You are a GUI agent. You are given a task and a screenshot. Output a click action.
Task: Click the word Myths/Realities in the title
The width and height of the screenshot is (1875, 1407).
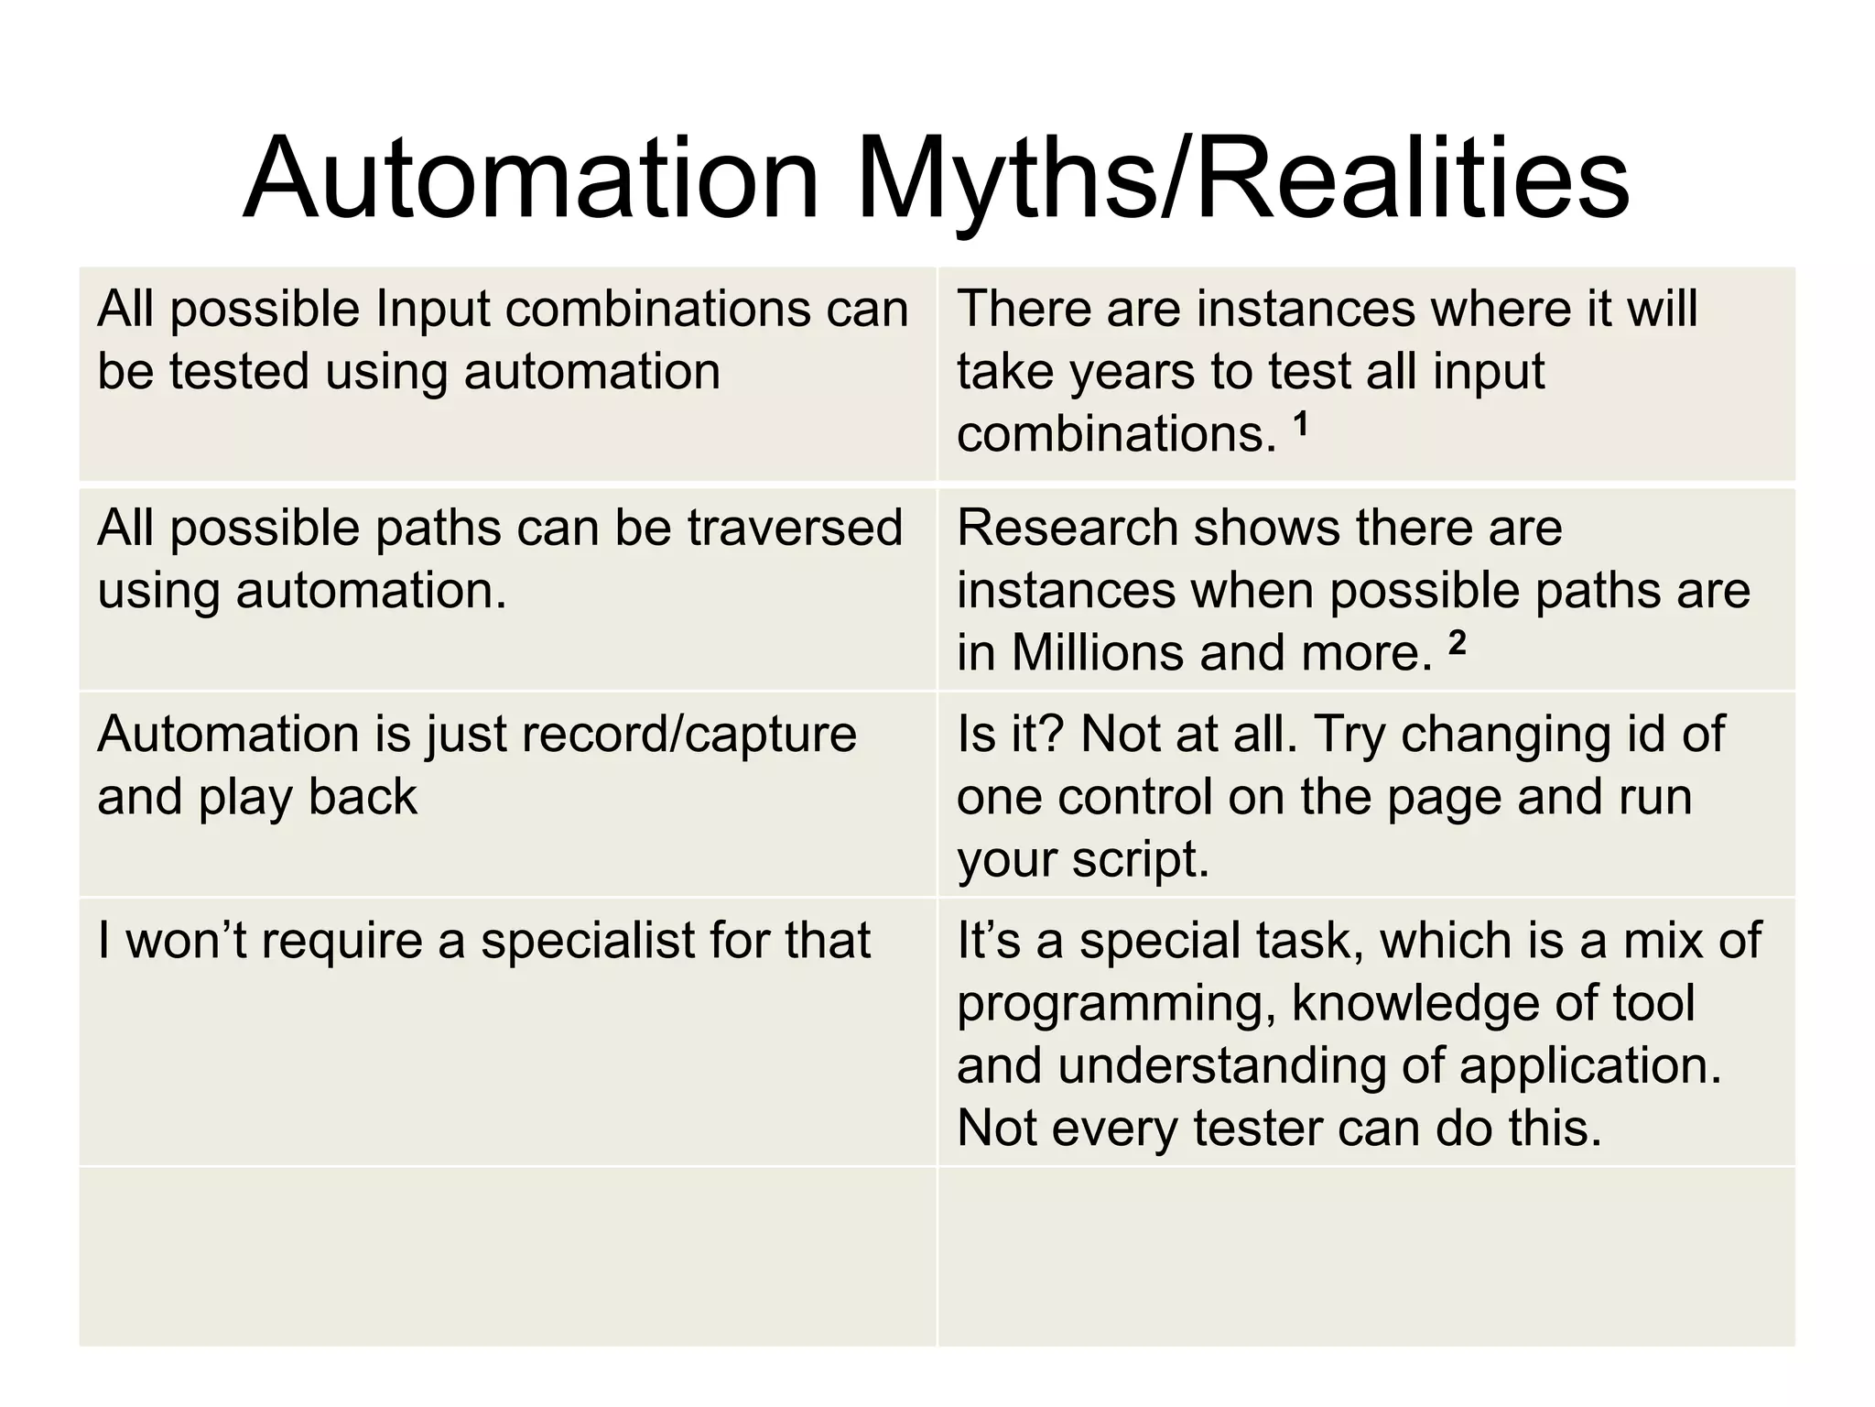pyautogui.click(x=1241, y=179)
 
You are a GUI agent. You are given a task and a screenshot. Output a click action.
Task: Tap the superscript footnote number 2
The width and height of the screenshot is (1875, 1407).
pyautogui.click(x=1457, y=643)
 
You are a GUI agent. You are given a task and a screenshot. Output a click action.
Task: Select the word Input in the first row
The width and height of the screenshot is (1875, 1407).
pyautogui.click(x=433, y=309)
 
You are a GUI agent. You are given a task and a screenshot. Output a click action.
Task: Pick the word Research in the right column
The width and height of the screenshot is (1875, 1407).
pyautogui.click(x=1067, y=529)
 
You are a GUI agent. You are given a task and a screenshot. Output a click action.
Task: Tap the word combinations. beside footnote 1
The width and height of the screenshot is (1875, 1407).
pyautogui.click(x=1116, y=434)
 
